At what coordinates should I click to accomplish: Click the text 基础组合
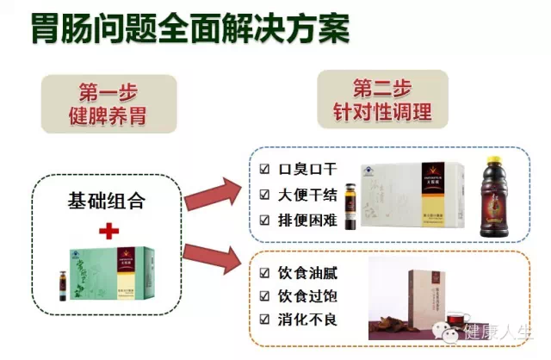click(x=108, y=202)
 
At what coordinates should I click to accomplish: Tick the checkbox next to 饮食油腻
click(x=265, y=275)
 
